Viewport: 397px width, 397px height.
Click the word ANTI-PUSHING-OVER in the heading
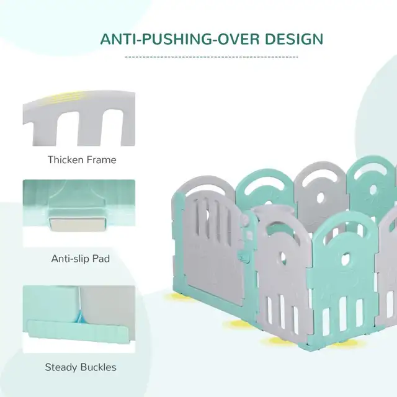181,39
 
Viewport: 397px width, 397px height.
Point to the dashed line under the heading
212,57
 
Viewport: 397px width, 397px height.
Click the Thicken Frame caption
82,160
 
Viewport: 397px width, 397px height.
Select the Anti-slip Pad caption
81,259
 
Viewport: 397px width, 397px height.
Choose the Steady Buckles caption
81,367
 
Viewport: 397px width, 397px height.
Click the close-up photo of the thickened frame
79,118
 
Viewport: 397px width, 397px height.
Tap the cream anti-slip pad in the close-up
77,224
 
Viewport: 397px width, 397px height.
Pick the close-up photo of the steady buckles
79,319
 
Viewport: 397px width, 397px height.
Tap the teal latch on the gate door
243,258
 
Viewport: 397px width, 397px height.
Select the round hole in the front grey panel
283,258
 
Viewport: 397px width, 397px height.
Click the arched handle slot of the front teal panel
344,226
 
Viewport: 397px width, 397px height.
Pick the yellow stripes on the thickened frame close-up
66,98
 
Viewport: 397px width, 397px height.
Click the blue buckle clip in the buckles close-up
80,317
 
